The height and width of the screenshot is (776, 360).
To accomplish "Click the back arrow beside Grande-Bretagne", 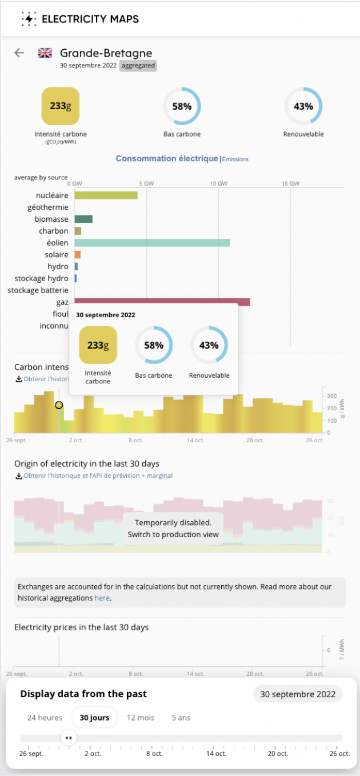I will [19, 53].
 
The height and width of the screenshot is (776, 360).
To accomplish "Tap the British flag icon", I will [45, 53].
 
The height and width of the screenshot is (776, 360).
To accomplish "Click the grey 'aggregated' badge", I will [138, 66].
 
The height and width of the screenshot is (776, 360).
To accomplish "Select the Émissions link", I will [235, 159].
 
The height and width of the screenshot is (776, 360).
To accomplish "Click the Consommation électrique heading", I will [167, 158].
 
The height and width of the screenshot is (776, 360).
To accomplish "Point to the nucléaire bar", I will [106, 195].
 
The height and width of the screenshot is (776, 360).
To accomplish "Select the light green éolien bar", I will [152, 243].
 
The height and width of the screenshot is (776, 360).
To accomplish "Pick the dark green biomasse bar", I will [83, 219].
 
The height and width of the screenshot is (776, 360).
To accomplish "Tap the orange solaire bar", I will [78, 255].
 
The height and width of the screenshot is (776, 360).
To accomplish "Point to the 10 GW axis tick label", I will [218, 183].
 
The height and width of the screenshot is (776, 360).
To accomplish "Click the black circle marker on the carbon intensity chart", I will [59, 405].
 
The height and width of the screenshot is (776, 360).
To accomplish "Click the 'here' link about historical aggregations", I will [102, 598].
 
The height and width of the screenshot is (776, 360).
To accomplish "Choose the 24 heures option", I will [45, 718].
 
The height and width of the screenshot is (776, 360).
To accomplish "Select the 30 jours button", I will [94, 718].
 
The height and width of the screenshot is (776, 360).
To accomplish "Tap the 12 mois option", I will [141, 718].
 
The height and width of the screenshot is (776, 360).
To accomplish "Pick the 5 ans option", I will [181, 718].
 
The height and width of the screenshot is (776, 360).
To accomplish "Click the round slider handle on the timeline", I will [68, 738].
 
